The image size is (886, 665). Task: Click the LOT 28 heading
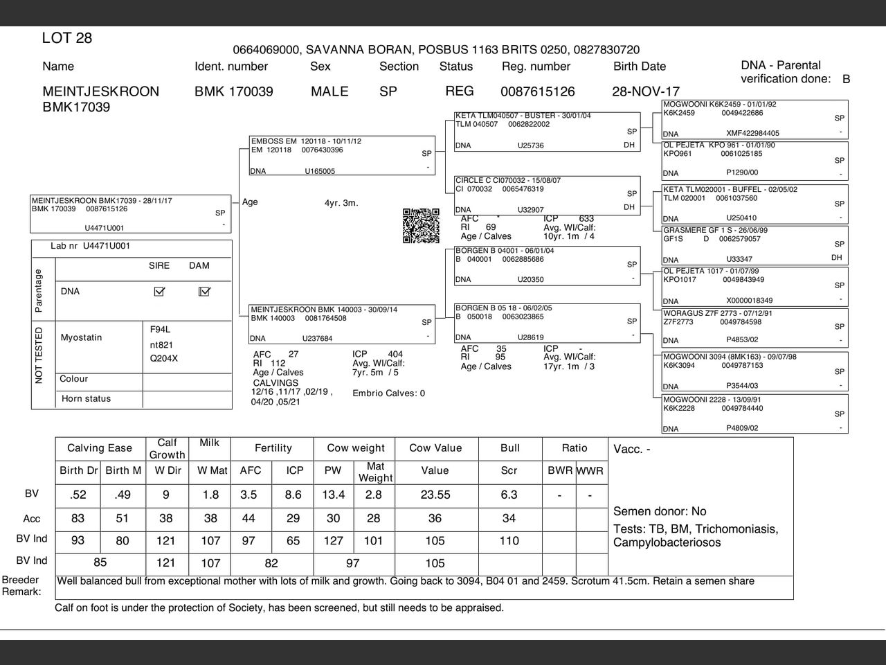(67, 38)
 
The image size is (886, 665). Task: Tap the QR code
(421, 226)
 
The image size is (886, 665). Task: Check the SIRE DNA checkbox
(159, 292)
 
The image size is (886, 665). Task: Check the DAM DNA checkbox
(204, 292)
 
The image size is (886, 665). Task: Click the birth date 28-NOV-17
(645, 91)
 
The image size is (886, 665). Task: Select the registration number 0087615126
(537, 91)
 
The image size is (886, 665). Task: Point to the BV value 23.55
(435, 495)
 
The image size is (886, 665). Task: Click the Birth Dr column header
(78, 470)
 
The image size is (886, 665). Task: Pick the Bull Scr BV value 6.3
(509, 495)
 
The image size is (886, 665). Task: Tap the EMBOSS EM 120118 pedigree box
(342, 156)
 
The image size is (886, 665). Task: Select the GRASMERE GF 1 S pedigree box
(754, 245)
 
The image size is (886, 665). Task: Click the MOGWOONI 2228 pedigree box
(754, 414)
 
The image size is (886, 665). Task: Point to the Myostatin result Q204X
(164, 359)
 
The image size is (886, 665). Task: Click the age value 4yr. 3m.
(341, 203)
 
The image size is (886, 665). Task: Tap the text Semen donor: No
(660, 511)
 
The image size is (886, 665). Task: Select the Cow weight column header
(354, 448)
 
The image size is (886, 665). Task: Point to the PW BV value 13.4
(333, 495)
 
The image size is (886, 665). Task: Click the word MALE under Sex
(329, 91)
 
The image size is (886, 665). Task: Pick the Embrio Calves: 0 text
(388, 393)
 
